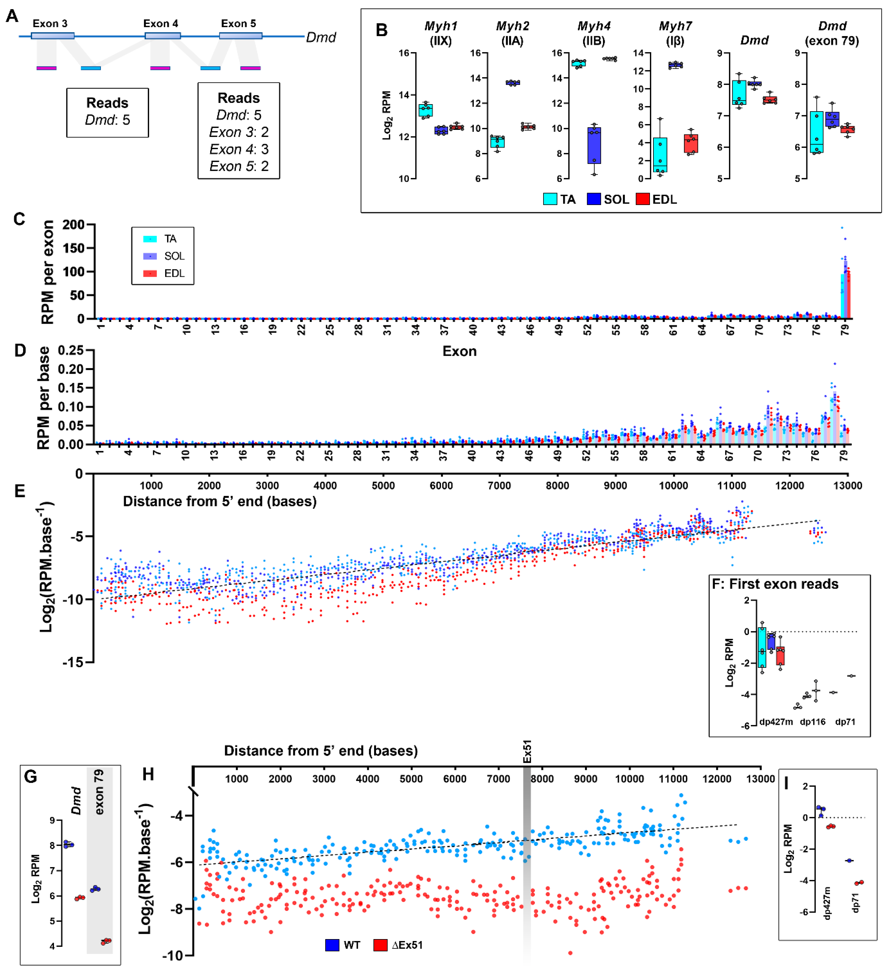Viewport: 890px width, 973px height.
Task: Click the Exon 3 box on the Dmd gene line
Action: (x=53, y=36)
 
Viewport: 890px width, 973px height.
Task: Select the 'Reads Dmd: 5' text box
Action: (x=107, y=112)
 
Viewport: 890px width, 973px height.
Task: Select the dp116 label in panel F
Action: (x=812, y=722)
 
